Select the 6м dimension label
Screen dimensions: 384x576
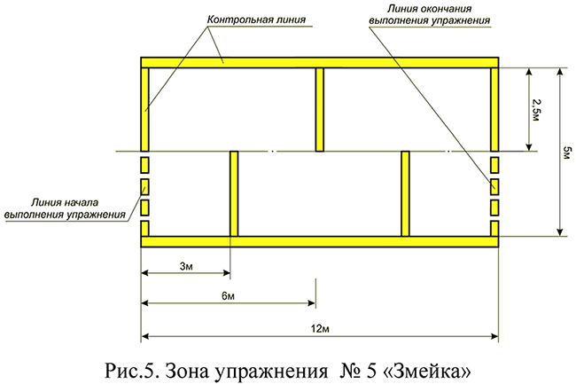[228, 294]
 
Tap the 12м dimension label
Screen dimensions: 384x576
[320, 329]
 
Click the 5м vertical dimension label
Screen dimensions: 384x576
[564, 152]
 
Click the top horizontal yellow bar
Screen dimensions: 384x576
[320, 62]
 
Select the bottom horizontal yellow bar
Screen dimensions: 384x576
[320, 241]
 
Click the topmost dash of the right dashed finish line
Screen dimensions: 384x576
[495, 165]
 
